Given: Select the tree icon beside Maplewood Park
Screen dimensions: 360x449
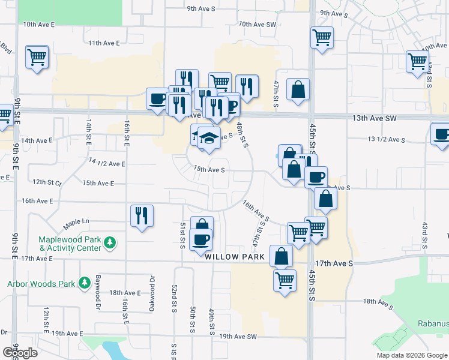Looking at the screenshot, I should (109, 243).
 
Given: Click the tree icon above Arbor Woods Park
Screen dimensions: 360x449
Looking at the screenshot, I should (85, 281).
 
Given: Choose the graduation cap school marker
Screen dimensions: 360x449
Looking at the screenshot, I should (209, 138).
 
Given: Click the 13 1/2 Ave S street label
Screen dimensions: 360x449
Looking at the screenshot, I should (387, 139).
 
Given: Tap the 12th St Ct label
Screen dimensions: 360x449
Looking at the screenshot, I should (47, 182).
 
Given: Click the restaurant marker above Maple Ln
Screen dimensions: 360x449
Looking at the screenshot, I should (142, 215).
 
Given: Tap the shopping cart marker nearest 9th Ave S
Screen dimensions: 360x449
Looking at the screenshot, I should (322, 37).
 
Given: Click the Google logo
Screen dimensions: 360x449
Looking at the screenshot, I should (20, 353).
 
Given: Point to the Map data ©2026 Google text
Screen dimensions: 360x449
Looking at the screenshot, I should (411, 355).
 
